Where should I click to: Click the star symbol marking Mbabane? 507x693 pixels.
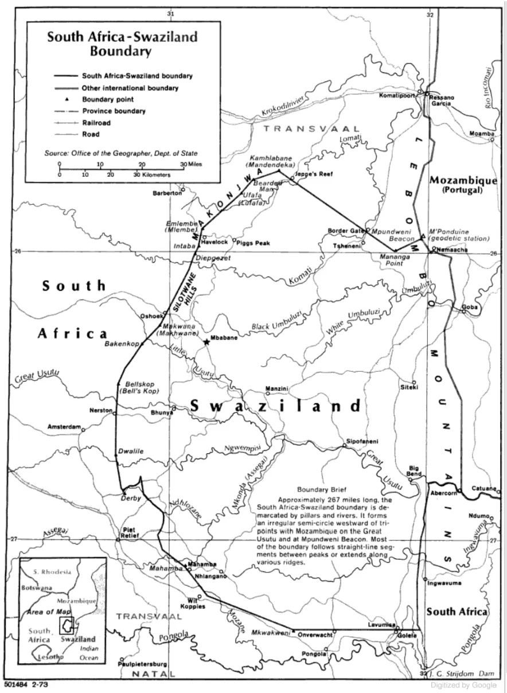point(206,342)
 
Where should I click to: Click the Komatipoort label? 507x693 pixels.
point(396,96)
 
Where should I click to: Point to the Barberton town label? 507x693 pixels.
point(166,193)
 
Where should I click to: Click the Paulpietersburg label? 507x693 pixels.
point(142,664)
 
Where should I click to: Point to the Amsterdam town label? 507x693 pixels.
point(64,428)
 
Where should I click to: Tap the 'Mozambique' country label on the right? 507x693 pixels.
point(463,180)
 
